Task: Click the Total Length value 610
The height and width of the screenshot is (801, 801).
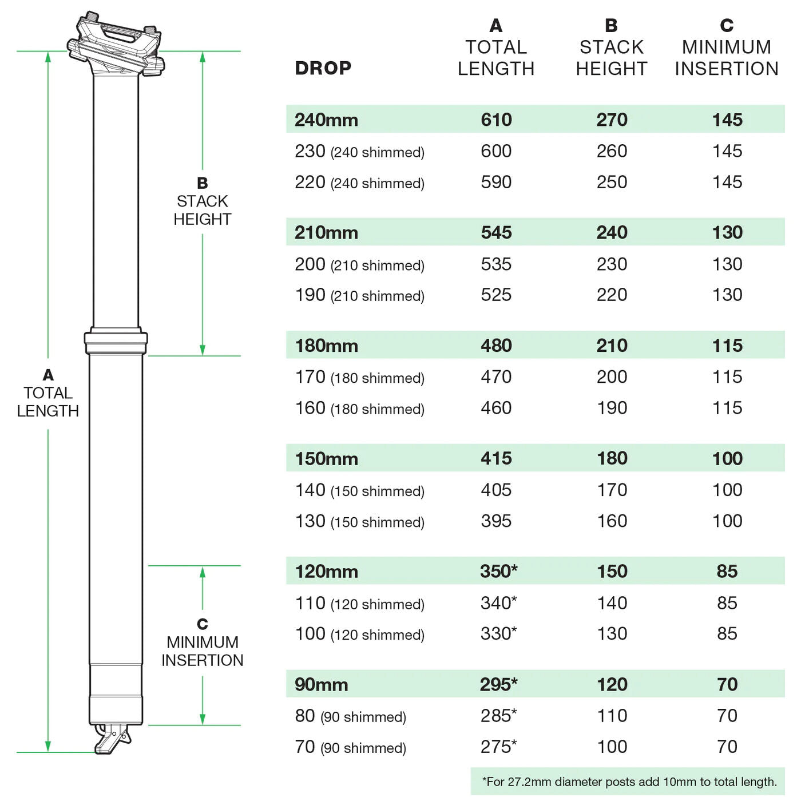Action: tap(496, 120)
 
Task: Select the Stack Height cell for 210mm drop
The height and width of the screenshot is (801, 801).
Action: tap(612, 232)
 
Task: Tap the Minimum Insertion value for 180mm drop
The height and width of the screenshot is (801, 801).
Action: tap(727, 346)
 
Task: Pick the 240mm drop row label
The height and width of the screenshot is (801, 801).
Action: tap(326, 120)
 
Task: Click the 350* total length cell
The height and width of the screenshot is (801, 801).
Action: tap(498, 571)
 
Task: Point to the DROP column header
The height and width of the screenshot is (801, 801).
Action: tap(323, 68)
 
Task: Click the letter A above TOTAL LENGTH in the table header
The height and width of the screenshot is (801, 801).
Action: tap(496, 26)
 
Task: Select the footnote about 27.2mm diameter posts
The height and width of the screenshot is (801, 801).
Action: tap(629, 782)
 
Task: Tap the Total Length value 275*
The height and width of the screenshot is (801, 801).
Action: tap(498, 747)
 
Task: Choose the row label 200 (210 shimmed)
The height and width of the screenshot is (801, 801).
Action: tap(359, 264)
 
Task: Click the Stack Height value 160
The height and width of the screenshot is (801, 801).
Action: tap(612, 521)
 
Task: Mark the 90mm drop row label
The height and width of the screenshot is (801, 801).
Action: tap(321, 684)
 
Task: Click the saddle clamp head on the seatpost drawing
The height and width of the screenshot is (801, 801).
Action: tap(116, 45)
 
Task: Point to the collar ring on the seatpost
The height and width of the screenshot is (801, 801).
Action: tap(116, 341)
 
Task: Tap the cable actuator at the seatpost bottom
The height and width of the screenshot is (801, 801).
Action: tap(112, 740)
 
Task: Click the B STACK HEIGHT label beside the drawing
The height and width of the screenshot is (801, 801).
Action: tap(202, 201)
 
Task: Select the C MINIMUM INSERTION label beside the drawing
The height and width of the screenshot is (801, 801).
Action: tap(202, 642)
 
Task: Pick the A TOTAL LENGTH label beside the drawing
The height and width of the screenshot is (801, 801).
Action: tap(48, 393)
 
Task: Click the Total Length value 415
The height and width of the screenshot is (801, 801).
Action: tap(496, 458)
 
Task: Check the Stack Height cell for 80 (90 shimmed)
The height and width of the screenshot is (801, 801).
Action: tap(612, 715)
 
